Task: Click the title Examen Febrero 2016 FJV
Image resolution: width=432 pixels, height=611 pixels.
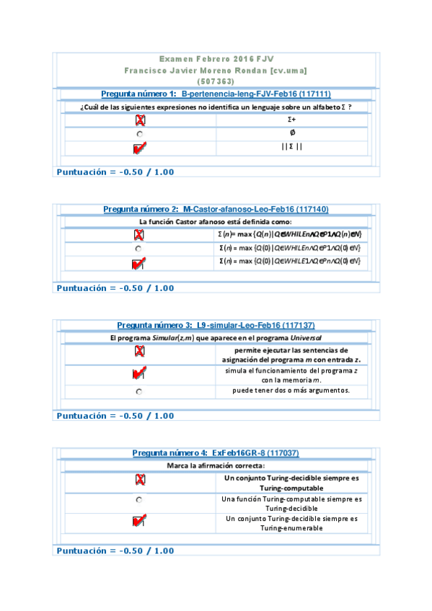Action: (216, 58)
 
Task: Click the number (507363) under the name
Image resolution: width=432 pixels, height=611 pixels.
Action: (216, 81)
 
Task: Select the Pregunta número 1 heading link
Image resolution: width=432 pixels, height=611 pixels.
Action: (216, 94)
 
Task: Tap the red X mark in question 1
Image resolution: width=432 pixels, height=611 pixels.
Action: (140, 120)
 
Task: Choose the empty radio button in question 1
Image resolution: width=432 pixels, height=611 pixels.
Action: (139, 134)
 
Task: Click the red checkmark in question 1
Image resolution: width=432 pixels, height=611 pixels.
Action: (140, 148)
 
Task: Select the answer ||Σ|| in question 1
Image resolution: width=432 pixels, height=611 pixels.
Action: (292, 147)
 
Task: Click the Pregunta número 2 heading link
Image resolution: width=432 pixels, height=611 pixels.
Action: (216, 209)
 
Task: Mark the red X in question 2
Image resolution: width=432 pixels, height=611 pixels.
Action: (139, 235)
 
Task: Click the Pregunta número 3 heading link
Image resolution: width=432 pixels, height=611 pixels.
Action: (216, 325)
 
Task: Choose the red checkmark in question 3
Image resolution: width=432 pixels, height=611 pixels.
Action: (140, 373)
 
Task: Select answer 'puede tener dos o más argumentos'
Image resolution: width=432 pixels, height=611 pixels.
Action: (291, 391)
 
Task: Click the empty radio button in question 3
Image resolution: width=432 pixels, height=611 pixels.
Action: (139, 391)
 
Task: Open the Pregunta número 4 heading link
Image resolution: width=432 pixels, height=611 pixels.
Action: (216, 452)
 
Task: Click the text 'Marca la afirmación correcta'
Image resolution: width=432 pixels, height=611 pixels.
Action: (216, 465)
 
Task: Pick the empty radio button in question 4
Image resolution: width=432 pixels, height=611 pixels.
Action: (139, 499)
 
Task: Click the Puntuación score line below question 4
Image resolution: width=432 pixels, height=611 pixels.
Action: (115, 550)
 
